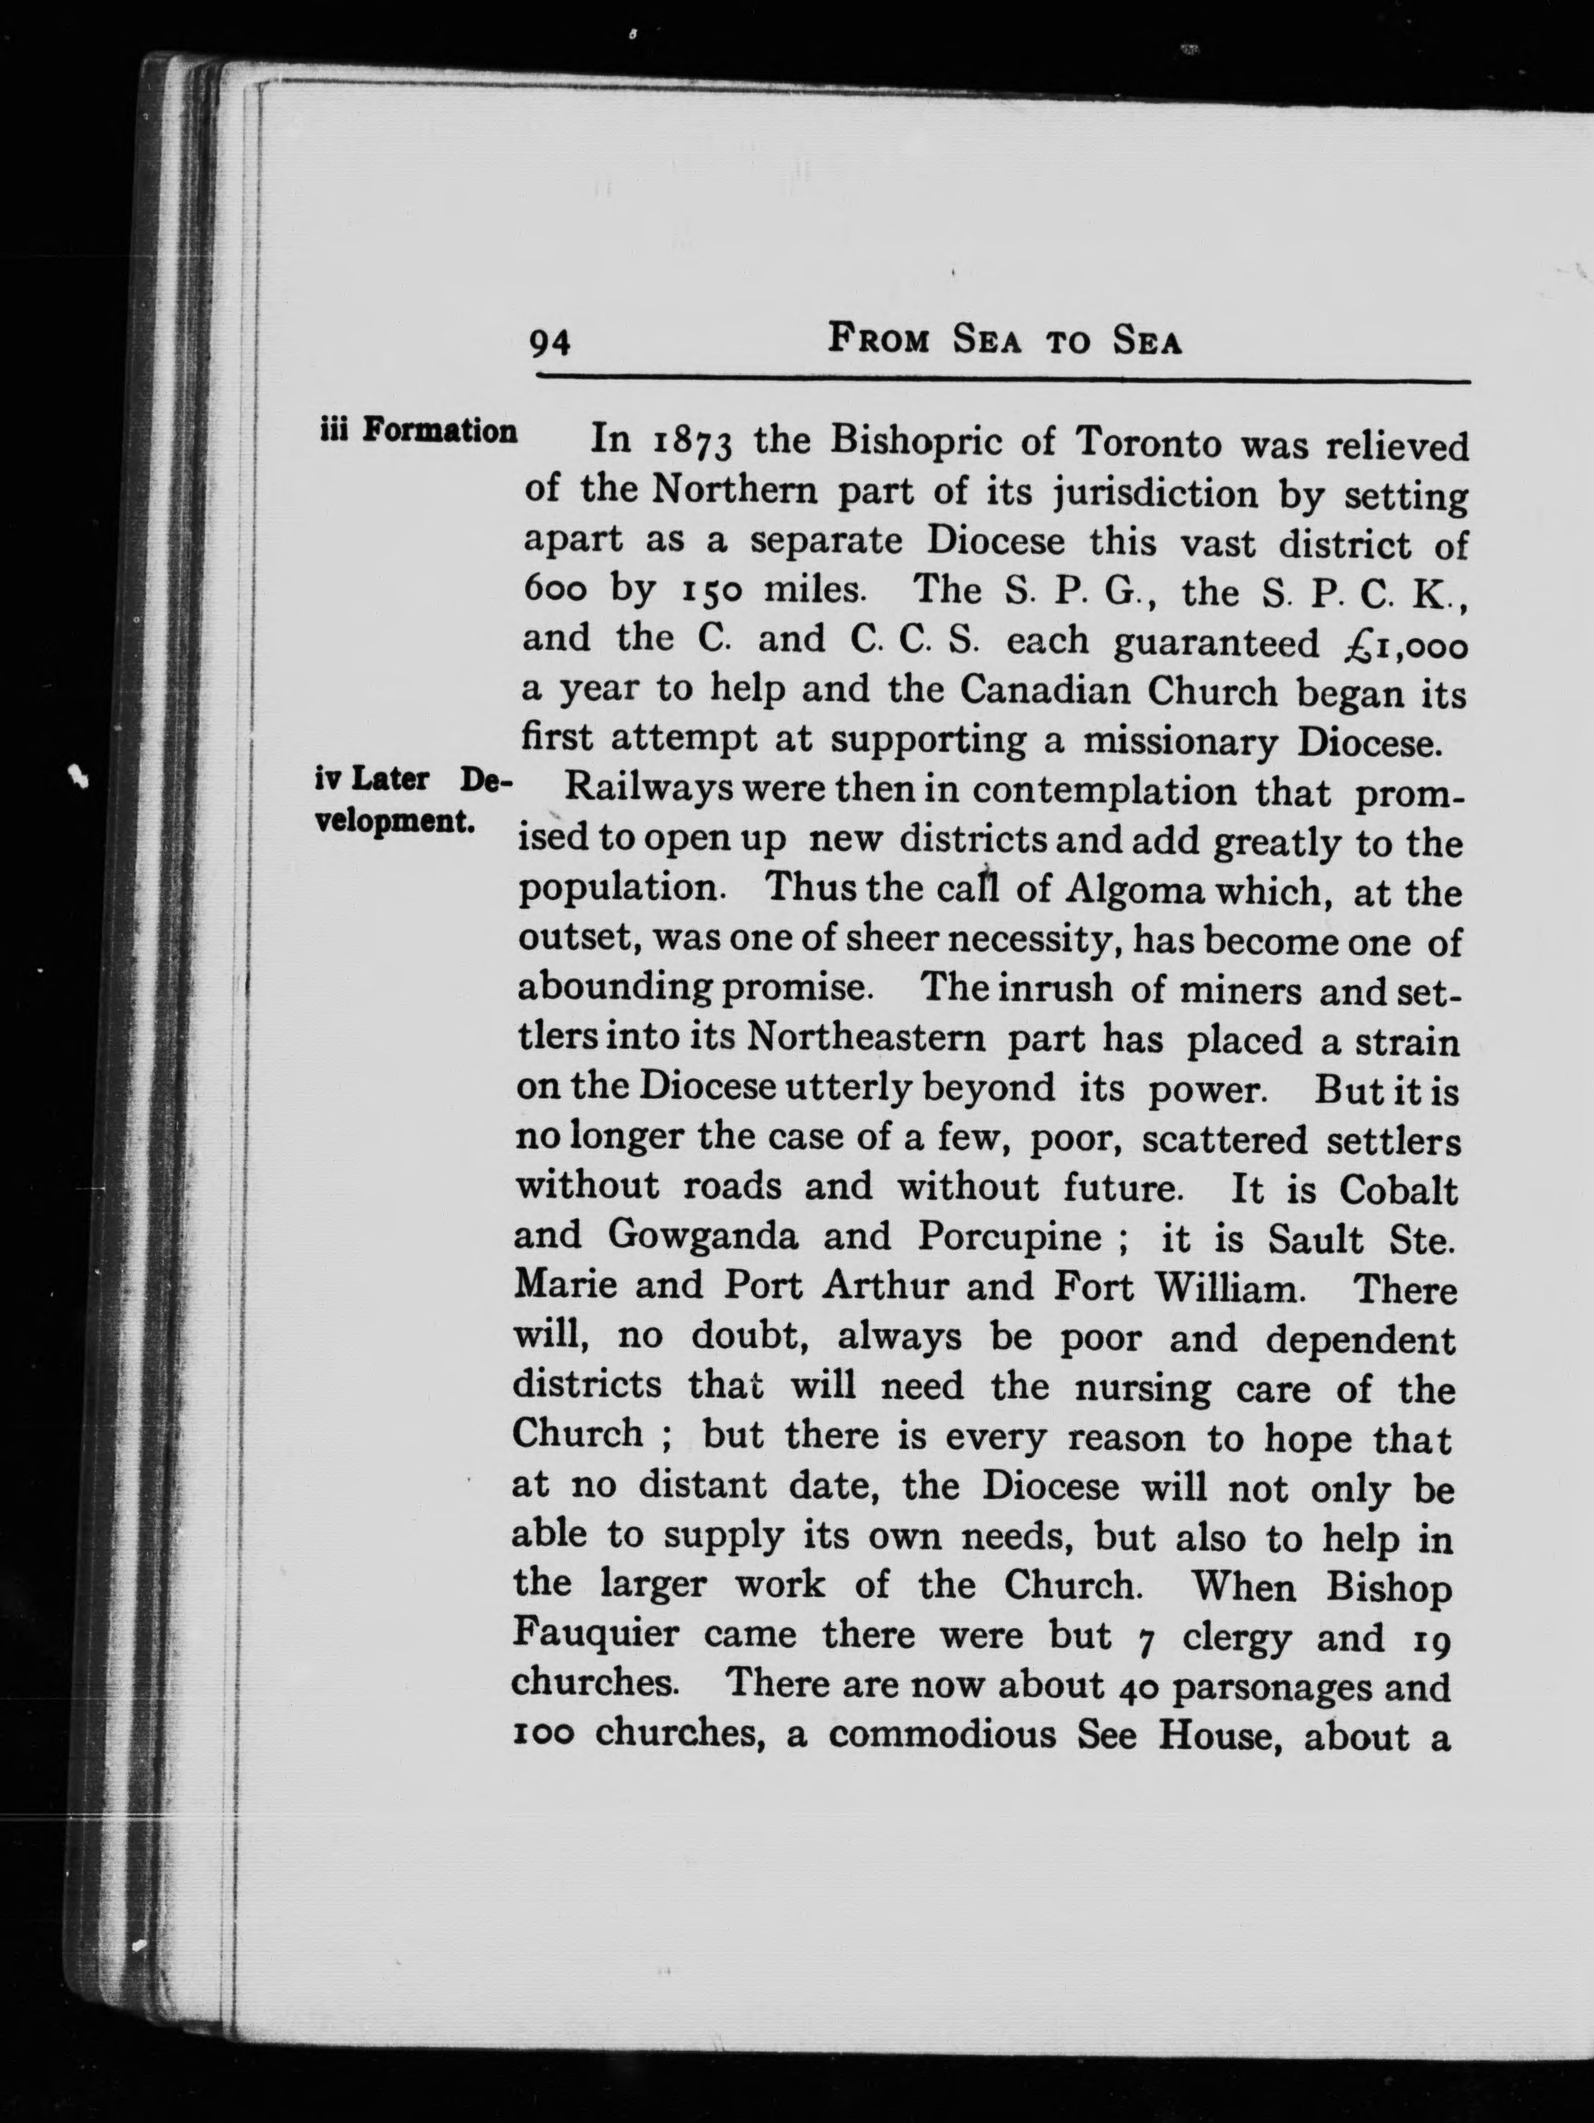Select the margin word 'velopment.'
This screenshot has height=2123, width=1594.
pyautogui.click(x=395, y=822)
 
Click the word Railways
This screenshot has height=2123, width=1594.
pyautogui.click(x=649, y=791)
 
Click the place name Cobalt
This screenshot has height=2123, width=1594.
pyautogui.click(x=1398, y=1190)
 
